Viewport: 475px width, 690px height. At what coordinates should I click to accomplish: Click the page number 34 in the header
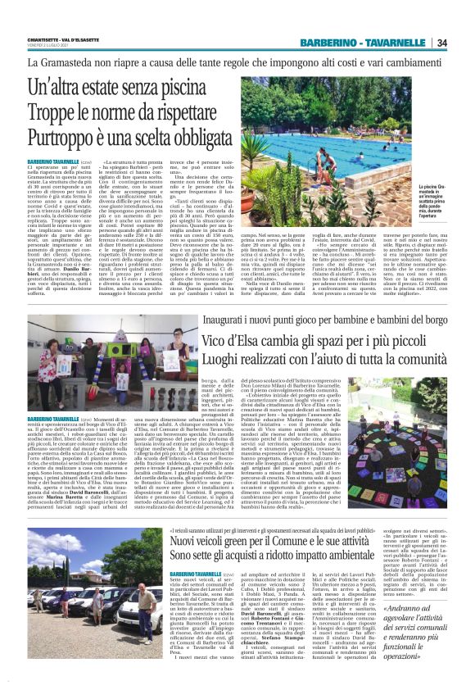point(441,43)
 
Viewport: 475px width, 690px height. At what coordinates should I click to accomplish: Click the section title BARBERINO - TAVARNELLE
point(366,43)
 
